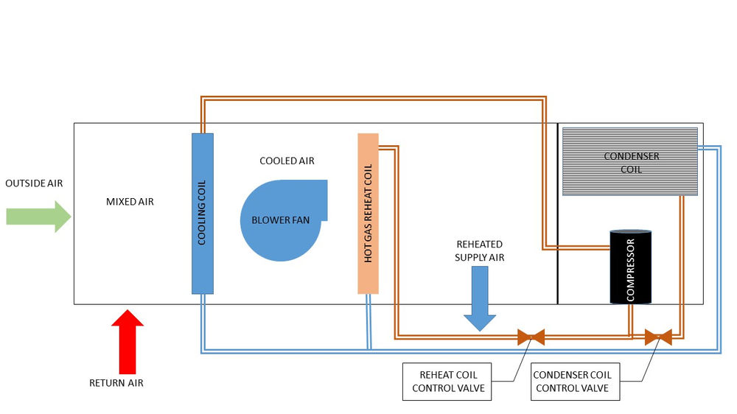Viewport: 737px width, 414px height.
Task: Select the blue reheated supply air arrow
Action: (479, 298)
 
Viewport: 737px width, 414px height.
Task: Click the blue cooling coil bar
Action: (203, 214)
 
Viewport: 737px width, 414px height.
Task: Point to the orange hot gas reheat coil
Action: (368, 214)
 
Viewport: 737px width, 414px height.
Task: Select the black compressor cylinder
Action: (630, 267)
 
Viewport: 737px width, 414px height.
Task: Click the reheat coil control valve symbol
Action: (531, 337)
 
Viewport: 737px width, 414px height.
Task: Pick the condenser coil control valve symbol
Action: (658, 337)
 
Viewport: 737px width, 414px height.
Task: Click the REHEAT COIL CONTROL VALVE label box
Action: (447, 382)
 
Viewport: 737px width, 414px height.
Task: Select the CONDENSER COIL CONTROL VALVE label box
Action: (571, 382)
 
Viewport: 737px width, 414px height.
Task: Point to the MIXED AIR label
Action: (130, 201)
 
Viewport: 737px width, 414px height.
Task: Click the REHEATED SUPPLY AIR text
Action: (479, 250)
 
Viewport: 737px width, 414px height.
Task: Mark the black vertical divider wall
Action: (557, 214)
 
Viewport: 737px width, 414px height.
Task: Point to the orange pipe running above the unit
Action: (368, 97)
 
